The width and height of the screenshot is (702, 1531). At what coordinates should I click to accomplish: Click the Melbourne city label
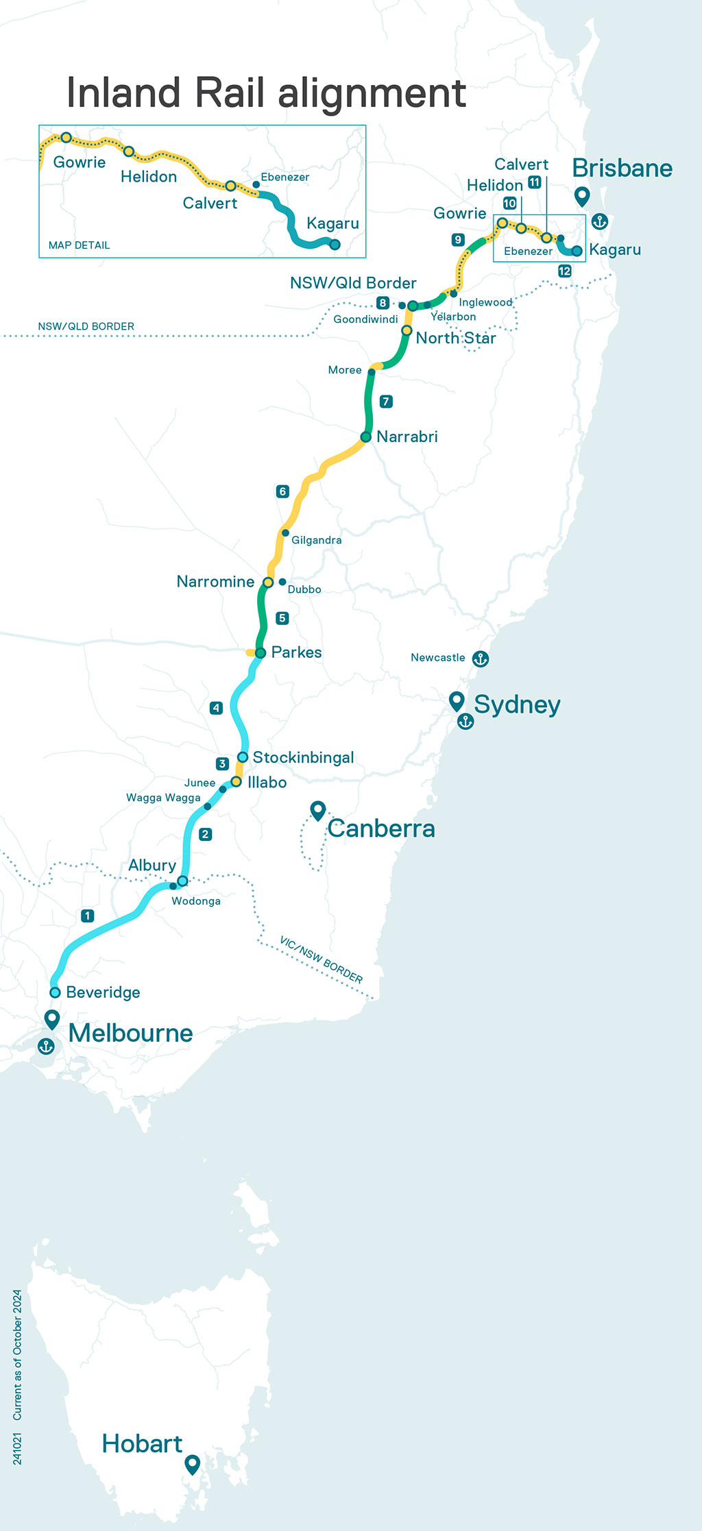130,1033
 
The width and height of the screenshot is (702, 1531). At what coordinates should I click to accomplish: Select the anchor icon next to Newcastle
481,659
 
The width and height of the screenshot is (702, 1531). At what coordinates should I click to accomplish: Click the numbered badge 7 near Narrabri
386,401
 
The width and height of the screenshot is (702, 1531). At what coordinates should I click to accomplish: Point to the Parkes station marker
261,652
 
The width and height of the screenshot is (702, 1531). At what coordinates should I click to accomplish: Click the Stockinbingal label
303,757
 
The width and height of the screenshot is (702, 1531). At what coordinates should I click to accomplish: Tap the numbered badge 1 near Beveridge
87,916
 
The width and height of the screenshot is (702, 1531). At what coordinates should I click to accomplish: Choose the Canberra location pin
317,810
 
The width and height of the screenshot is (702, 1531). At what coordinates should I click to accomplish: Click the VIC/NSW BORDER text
321,959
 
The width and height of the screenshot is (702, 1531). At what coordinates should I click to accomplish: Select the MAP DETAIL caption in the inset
79,245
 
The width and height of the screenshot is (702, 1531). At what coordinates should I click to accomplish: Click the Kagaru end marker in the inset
335,244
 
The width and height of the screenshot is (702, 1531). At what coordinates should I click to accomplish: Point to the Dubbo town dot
282,582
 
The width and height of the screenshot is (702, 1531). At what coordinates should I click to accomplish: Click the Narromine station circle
268,583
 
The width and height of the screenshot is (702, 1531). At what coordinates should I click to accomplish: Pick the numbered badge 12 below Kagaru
564,271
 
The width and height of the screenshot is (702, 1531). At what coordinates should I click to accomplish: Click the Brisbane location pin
582,196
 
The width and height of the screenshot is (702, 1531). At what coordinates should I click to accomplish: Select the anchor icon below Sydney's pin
465,722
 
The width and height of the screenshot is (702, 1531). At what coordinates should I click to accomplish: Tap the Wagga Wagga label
163,798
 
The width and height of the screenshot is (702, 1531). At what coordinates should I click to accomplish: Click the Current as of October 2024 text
17,1355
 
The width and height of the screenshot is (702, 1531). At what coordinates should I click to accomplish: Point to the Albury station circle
182,881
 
